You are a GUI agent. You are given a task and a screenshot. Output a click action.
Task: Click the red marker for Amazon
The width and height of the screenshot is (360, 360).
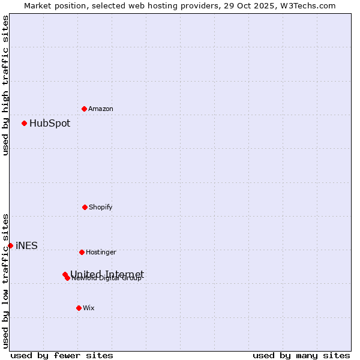tap(84, 109)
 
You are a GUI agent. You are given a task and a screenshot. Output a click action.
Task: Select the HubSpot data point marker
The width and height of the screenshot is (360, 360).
tap(25, 123)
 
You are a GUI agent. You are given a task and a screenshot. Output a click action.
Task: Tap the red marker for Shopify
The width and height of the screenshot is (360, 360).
tap(85, 207)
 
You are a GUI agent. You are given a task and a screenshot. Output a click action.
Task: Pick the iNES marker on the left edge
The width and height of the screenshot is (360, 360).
tap(10, 245)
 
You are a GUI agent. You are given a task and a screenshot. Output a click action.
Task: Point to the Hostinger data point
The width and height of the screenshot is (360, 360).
tap(82, 252)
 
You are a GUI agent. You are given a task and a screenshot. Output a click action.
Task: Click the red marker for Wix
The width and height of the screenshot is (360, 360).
tap(79, 308)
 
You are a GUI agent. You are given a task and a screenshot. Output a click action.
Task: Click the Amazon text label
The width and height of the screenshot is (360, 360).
tap(101, 109)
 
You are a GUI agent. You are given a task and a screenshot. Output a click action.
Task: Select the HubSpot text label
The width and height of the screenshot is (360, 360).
tap(50, 124)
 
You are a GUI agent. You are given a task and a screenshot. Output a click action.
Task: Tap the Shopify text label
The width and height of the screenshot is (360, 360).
tap(101, 208)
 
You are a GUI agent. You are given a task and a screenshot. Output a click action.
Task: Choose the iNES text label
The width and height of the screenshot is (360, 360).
tap(26, 245)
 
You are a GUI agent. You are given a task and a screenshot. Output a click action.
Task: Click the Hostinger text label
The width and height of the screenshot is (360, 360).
tap(101, 253)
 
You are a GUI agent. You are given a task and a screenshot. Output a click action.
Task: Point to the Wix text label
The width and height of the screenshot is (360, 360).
tap(89, 308)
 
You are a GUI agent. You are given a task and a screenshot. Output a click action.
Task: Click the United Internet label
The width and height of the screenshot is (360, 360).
tap(107, 274)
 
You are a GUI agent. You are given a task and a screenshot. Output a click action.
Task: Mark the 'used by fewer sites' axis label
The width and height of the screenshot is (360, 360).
tap(62, 355)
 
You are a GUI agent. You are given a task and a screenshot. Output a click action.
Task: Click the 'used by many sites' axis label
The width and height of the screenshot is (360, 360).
tap(301, 355)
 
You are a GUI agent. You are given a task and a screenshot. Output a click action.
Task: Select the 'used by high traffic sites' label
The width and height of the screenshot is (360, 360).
tap(5, 85)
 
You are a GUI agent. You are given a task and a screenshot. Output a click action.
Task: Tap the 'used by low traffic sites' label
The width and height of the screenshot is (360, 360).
tap(5, 281)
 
